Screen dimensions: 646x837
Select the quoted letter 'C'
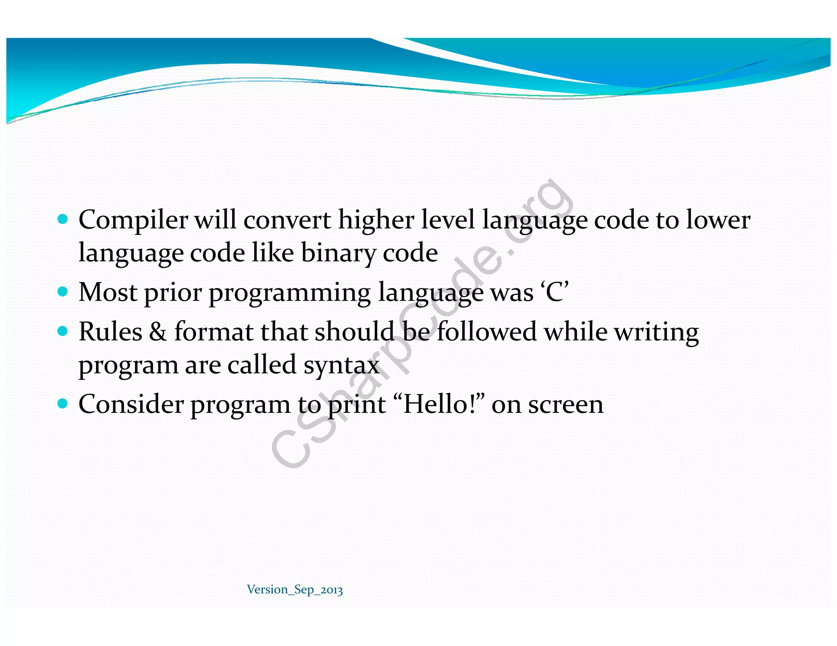555,292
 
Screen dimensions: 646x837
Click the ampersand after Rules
158,332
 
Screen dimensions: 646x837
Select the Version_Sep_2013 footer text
295,590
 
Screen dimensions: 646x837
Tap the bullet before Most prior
63,292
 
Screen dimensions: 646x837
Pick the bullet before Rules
63,331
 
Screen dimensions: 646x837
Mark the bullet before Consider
63,404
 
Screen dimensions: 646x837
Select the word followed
486,332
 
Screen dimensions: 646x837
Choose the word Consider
131,404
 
